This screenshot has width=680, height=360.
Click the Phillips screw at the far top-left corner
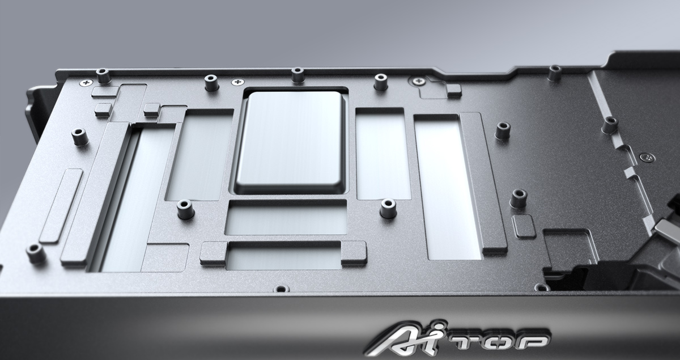pos(87,82)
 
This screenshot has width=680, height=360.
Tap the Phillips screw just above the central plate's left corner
pos(237,82)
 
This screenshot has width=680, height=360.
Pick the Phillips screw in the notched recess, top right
pos(419,81)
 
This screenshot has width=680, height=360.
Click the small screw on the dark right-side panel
pos(647,158)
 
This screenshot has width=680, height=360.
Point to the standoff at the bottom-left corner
pos(36,253)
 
